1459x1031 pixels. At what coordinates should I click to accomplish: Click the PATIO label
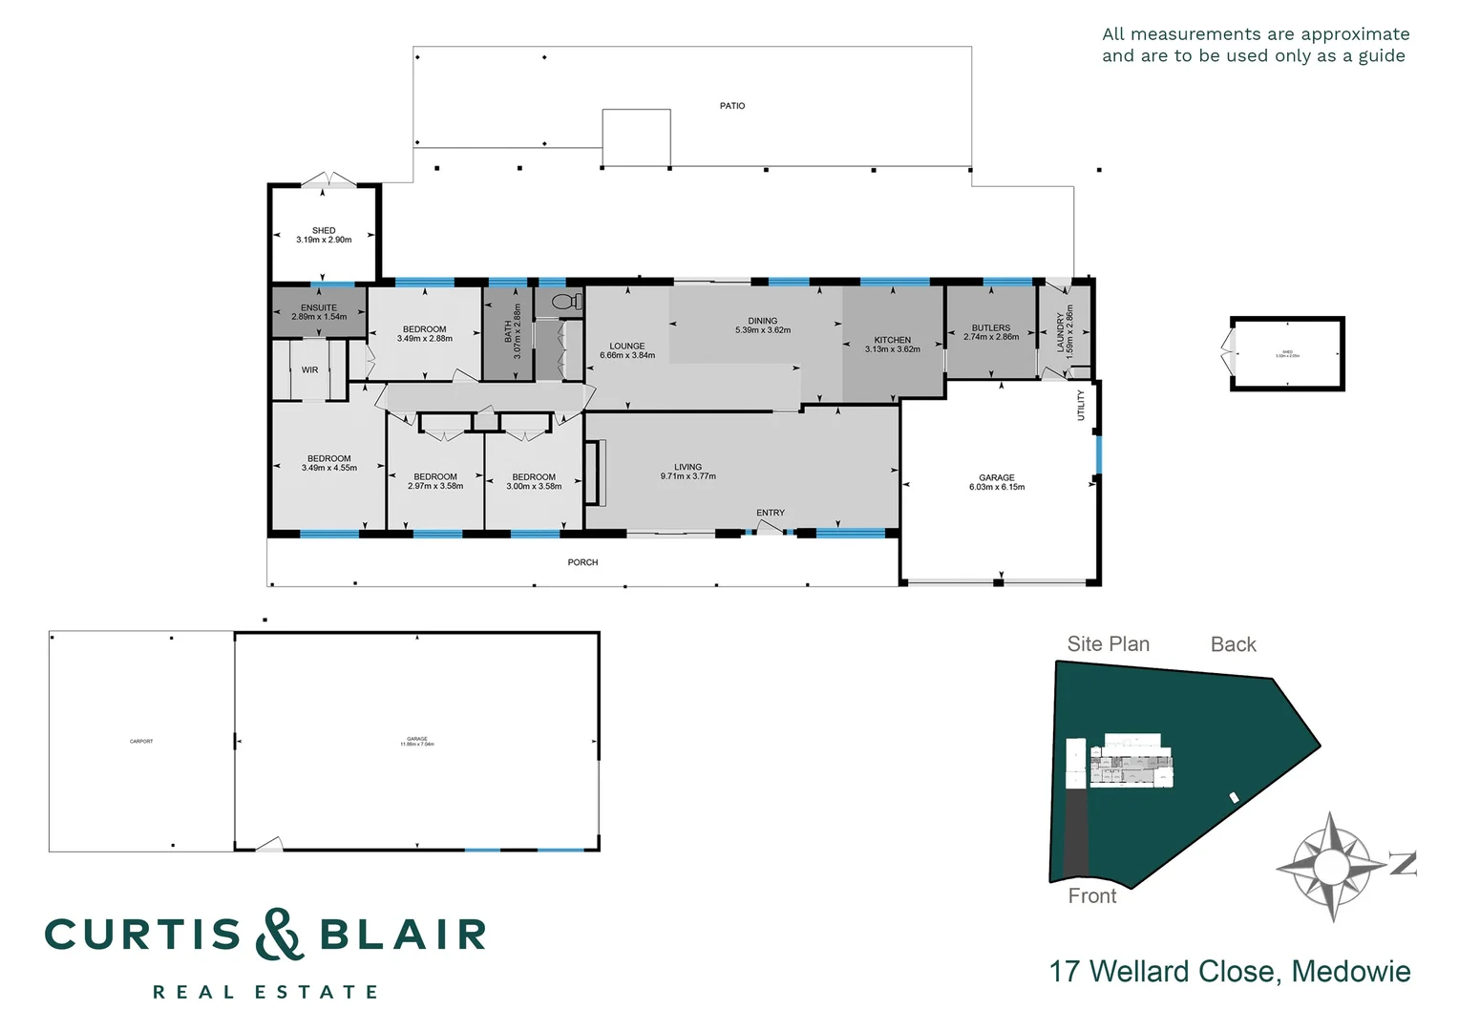click(x=731, y=106)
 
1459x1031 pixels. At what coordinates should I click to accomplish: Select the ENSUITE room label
click(x=319, y=307)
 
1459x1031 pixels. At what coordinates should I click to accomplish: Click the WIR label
click(x=309, y=370)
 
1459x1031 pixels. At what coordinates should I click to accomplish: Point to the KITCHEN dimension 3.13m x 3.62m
click(x=893, y=349)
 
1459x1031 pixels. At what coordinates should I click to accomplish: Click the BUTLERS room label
click(x=990, y=327)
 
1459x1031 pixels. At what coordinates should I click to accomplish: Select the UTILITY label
click(x=1081, y=405)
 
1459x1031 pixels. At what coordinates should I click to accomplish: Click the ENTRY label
click(x=771, y=513)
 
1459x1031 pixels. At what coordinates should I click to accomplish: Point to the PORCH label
click(x=582, y=562)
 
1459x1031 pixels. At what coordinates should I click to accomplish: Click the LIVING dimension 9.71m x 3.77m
click(x=687, y=476)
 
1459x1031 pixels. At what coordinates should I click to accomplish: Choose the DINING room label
click(x=762, y=321)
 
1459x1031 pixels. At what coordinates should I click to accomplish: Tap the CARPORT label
click(x=141, y=741)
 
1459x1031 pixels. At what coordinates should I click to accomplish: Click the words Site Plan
click(x=1108, y=644)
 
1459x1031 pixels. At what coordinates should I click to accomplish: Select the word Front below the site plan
click(x=1091, y=896)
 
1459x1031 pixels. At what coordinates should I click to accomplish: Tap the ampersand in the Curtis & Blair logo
click(x=279, y=935)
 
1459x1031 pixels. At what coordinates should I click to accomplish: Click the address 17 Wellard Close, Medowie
click(x=1229, y=972)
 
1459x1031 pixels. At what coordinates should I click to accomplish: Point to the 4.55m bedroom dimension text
click(x=329, y=469)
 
